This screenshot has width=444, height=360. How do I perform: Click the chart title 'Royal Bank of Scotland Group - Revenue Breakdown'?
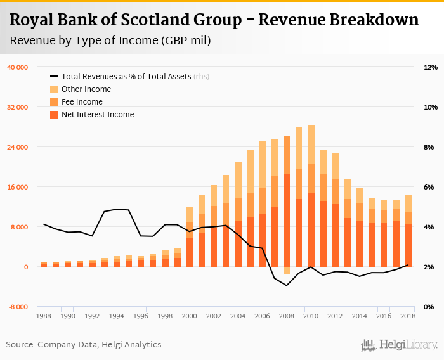(x=214, y=20)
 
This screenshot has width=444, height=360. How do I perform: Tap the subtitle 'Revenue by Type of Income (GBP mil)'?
(x=110, y=41)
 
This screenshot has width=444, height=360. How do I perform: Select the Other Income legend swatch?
(x=54, y=89)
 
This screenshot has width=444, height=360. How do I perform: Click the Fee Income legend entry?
(x=82, y=102)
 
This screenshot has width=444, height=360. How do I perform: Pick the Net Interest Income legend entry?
(x=97, y=115)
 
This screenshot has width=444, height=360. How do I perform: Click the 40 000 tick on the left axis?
(x=17, y=67)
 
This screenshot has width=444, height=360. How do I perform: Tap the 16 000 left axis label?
(x=17, y=187)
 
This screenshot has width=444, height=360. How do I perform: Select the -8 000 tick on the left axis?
(x=18, y=307)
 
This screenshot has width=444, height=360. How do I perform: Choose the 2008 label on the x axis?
(x=287, y=316)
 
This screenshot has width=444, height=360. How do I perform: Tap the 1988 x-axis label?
(x=44, y=316)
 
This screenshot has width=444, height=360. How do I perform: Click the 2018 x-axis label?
(x=408, y=316)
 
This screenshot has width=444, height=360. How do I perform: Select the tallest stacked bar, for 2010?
(x=311, y=196)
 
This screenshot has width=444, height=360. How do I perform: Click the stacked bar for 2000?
(x=190, y=238)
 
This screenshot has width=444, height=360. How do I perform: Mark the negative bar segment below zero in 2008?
(x=287, y=270)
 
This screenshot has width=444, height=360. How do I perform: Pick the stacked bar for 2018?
(x=408, y=231)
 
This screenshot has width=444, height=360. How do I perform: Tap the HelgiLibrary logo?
(x=400, y=345)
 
